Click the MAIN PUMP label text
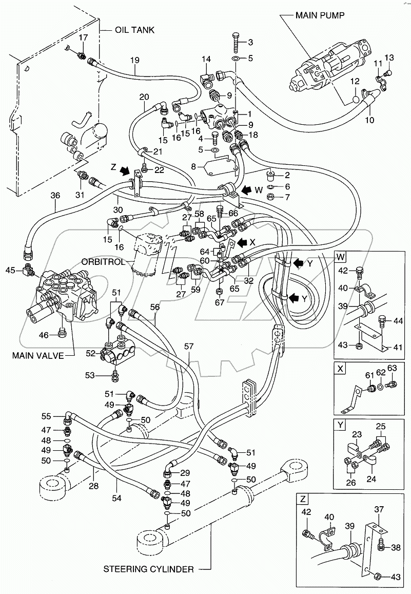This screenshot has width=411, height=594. (x=319, y=15)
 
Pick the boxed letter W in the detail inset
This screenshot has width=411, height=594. (x=341, y=256)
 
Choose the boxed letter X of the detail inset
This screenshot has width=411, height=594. (x=340, y=368)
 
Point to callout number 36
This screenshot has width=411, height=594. (x=55, y=195)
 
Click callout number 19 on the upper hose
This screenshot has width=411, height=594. (x=134, y=61)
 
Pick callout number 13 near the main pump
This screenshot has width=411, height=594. (x=389, y=57)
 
